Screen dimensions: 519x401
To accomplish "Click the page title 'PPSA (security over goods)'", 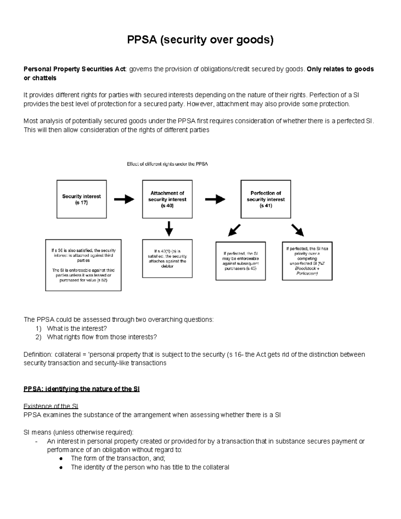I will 200,40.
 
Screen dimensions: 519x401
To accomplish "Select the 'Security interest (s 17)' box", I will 82,199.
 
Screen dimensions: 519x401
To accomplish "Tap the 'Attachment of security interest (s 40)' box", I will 167,199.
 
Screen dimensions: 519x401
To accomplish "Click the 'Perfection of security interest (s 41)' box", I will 266,199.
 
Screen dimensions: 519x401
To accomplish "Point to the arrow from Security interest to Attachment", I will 124,200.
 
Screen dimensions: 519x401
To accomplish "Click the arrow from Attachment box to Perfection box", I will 215,200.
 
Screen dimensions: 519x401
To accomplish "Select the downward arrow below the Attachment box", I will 169,229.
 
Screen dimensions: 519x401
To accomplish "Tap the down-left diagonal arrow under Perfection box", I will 234,230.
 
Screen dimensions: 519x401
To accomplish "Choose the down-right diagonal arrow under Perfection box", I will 297,230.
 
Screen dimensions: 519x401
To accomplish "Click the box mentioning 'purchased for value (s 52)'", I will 83,265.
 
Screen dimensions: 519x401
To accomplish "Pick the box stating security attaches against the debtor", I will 167,258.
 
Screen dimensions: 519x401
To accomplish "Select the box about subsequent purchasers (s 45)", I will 241,261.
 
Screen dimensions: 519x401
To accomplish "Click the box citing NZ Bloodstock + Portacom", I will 307,261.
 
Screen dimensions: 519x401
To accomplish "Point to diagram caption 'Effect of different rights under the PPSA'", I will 167,164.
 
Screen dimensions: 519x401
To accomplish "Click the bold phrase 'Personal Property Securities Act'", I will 74,69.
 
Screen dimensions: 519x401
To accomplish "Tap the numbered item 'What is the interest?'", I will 77,329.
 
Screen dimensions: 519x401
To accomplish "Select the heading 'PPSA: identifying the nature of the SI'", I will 82,389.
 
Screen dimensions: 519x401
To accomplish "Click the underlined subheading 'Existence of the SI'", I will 51,406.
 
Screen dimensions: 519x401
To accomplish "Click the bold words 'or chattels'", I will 40,78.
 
